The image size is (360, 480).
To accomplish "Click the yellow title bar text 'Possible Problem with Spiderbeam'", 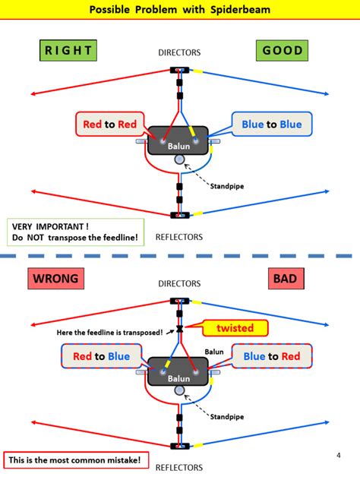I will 179,10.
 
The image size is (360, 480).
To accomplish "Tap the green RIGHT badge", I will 68,51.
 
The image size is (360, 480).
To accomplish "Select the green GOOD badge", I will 283,51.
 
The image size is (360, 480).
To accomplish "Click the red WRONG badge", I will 55,279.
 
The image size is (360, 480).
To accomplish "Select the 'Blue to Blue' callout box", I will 271,125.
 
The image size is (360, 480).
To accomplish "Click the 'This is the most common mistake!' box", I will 74,459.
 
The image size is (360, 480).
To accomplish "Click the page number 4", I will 338,455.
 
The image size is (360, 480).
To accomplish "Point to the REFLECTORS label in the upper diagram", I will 179,236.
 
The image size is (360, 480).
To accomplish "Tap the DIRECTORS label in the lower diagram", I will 179,283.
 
